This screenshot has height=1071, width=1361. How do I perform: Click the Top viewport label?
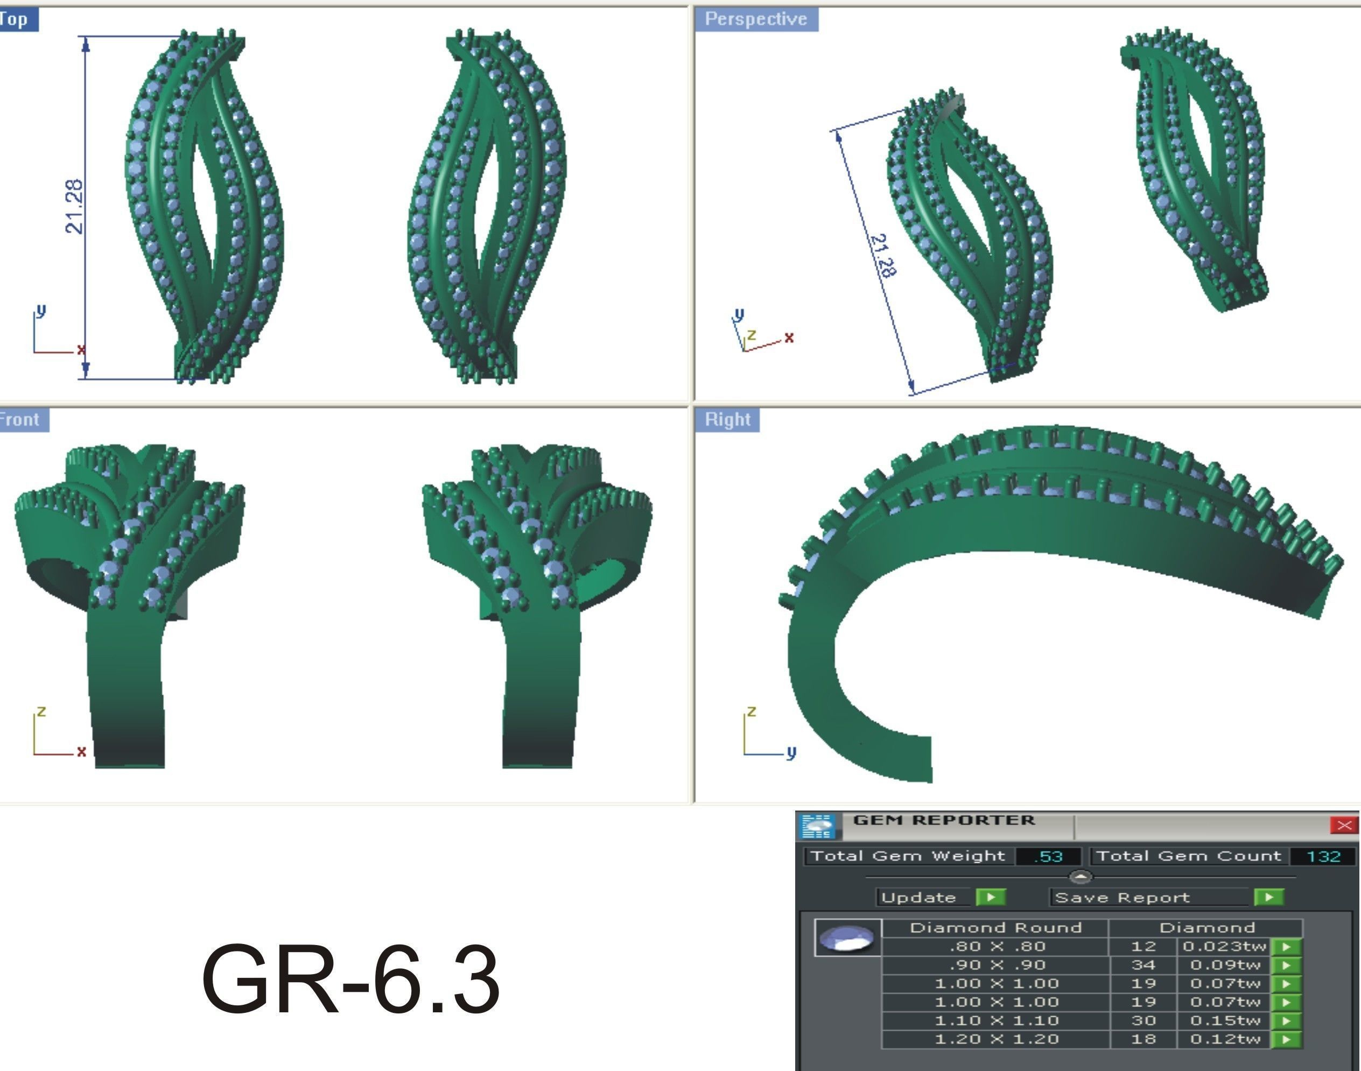15,19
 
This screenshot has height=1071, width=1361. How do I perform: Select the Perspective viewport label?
755,19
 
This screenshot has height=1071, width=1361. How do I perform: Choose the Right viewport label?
727,419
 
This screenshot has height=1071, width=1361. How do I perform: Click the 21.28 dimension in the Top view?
74,206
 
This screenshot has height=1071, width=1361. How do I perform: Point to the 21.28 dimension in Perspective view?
883,255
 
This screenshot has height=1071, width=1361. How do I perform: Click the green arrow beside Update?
990,897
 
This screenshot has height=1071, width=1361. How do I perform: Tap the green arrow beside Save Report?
1268,897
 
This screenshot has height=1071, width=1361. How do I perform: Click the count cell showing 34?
1143,965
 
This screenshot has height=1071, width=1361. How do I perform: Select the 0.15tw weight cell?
1225,1020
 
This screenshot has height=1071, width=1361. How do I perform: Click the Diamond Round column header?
995,927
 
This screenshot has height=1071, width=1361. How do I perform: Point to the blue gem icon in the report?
847,939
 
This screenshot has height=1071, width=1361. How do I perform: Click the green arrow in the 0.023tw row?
1286,947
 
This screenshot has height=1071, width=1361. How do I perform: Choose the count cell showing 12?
1143,946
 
